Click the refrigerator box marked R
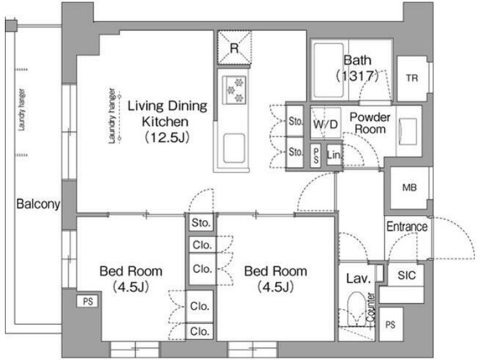(x=234, y=48)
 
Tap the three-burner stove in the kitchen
(x=234, y=90)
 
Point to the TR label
(x=412, y=78)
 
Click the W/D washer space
(x=326, y=123)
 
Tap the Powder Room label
(x=370, y=123)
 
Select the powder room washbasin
(x=408, y=131)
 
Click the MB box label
(x=409, y=187)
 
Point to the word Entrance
(x=407, y=227)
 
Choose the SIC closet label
(x=406, y=275)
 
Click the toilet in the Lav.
(x=356, y=309)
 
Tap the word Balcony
(x=38, y=204)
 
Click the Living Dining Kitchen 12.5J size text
(x=167, y=137)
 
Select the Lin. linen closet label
(x=334, y=155)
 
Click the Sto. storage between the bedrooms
(x=201, y=222)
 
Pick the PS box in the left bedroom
(x=88, y=301)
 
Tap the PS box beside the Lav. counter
(x=391, y=325)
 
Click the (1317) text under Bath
(x=357, y=75)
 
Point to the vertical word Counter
(x=371, y=307)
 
